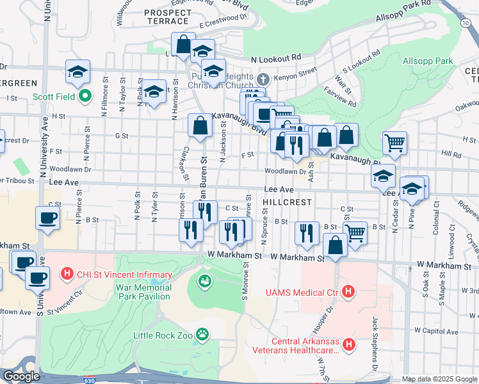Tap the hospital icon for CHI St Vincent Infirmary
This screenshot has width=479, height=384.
tap(67, 275)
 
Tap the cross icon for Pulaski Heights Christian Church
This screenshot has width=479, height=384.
tap(263, 80)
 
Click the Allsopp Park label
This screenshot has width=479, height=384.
tap(428, 61)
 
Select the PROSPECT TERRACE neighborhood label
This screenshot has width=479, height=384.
tap(168, 12)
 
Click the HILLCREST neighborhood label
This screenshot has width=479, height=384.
tap(287, 202)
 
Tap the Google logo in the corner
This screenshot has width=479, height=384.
tap(22, 376)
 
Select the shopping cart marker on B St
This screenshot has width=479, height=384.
tap(355, 232)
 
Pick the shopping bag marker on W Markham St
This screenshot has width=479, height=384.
tap(336, 244)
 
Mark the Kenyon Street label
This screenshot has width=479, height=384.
tap(296, 76)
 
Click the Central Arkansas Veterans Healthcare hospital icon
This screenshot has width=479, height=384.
tap(349, 345)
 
